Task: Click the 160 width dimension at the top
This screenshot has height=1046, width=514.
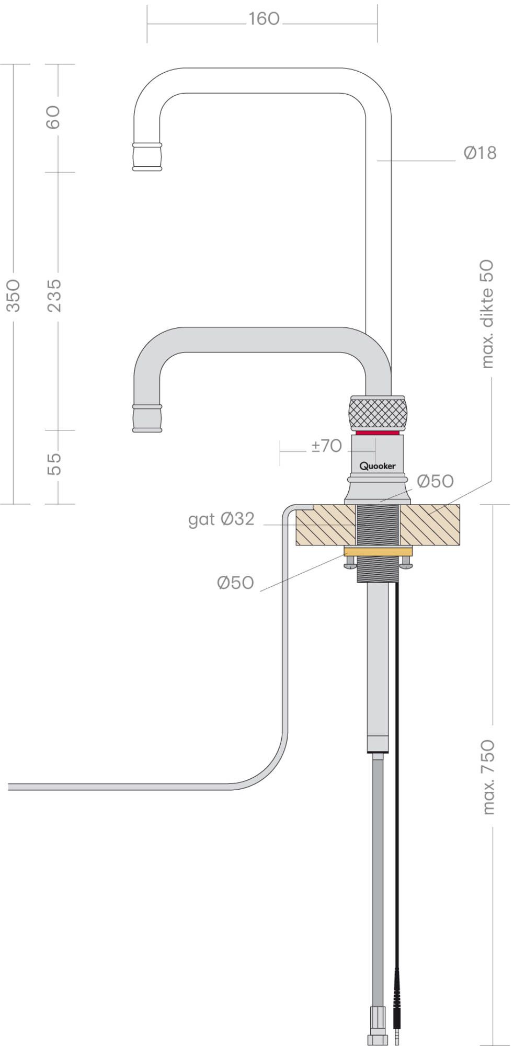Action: (264, 19)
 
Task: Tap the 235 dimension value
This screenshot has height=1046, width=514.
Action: (54, 295)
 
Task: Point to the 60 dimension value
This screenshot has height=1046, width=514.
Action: (54, 117)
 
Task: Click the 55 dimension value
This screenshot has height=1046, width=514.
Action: (54, 464)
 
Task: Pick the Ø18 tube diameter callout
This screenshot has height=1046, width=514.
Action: (479, 153)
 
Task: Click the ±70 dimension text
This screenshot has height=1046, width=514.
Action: (326, 446)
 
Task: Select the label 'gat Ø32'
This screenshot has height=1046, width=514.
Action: (221, 519)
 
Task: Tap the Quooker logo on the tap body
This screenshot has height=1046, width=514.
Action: (377, 465)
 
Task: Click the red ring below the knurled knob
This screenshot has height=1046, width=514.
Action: (377, 433)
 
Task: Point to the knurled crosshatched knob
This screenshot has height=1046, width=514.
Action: (377, 413)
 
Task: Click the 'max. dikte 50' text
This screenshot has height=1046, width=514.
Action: (486, 314)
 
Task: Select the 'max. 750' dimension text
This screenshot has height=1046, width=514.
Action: (487, 777)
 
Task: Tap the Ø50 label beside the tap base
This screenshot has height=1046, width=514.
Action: (435, 481)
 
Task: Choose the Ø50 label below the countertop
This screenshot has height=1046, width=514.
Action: (235, 583)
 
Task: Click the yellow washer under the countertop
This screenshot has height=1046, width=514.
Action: (378, 551)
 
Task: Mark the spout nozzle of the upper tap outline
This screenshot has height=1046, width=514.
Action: (147, 156)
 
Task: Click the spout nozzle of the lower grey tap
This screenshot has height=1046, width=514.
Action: (147, 418)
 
